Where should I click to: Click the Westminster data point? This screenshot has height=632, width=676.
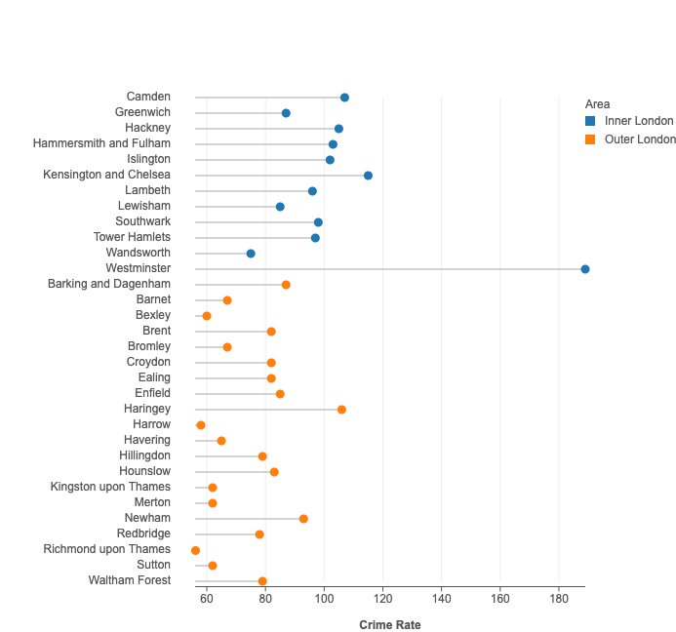[585, 269]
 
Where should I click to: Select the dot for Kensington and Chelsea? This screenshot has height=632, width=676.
[368, 176]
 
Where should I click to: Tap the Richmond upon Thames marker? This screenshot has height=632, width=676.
[195, 550]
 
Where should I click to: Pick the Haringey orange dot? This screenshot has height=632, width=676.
[341, 410]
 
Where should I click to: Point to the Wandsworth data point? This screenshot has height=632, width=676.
[251, 254]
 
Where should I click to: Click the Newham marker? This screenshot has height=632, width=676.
[303, 519]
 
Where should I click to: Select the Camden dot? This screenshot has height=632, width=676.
[344, 98]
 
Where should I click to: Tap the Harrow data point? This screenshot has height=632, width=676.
[201, 425]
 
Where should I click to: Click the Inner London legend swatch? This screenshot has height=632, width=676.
[590, 121]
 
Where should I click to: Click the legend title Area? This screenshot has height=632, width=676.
[598, 103]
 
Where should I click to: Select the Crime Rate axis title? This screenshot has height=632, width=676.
[390, 625]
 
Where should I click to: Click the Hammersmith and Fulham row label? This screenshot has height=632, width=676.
[101, 143]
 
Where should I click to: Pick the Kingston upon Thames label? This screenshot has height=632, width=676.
[110, 487]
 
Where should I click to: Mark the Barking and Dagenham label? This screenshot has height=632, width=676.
[109, 284]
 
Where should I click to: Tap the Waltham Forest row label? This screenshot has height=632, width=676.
[130, 580]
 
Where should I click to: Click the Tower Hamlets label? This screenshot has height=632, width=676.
[132, 237]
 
